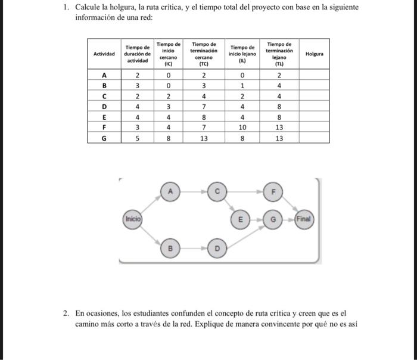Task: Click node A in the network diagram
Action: pos(170,192)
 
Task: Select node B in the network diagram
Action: pos(170,246)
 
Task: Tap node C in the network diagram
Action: pos(217,192)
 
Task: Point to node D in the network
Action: pos(217,246)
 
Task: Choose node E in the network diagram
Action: pos(241,219)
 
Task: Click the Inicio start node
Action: pos(132,219)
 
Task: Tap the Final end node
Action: pos(303,219)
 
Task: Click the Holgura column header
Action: pos(314,54)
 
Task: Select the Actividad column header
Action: pos(104,54)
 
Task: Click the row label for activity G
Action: pos(104,138)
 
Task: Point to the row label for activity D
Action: pos(104,107)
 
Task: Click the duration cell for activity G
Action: pos(137,138)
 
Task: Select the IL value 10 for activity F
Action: pos(242,128)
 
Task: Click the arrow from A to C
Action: pos(194,192)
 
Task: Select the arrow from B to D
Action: pos(194,246)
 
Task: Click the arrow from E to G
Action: pos(257,219)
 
